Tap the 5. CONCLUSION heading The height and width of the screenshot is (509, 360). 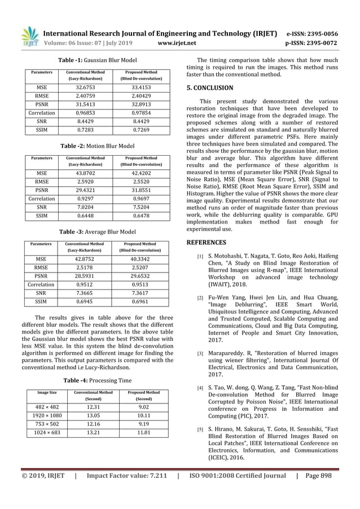tap(209, 88)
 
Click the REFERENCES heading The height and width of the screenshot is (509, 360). tap(206, 243)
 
